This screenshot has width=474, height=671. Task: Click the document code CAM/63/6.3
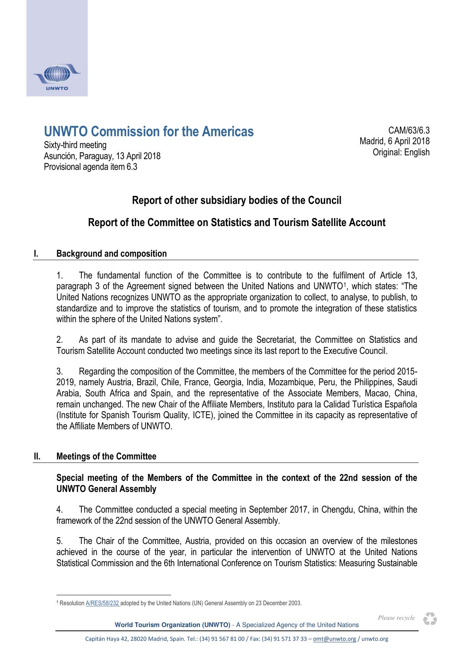pyautogui.click(x=409, y=131)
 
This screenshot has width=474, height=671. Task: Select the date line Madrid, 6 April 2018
pyautogui.click(x=394, y=141)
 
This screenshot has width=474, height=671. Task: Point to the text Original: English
pyautogui.click(x=401, y=152)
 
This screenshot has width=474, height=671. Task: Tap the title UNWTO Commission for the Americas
pyautogui.click(x=149, y=132)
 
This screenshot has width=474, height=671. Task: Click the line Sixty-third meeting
pyautogui.click(x=75, y=145)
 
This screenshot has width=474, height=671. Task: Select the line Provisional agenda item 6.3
pyautogui.click(x=91, y=167)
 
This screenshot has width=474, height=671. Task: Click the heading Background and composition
pyautogui.click(x=112, y=254)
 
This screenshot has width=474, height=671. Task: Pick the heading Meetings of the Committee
pyautogui.click(x=106, y=456)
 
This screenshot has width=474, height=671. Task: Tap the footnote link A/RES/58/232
pyautogui.click(x=102, y=603)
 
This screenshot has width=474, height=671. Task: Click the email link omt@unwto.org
pyautogui.click(x=334, y=638)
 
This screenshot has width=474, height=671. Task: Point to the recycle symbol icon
pyautogui.click(x=430, y=619)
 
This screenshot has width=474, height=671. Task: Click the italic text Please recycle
pyautogui.click(x=396, y=618)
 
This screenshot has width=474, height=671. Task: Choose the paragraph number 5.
pyautogui.click(x=60, y=541)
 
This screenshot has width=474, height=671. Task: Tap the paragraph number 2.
pyautogui.click(x=60, y=340)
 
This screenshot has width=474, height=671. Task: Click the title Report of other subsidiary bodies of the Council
pyautogui.click(x=236, y=200)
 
